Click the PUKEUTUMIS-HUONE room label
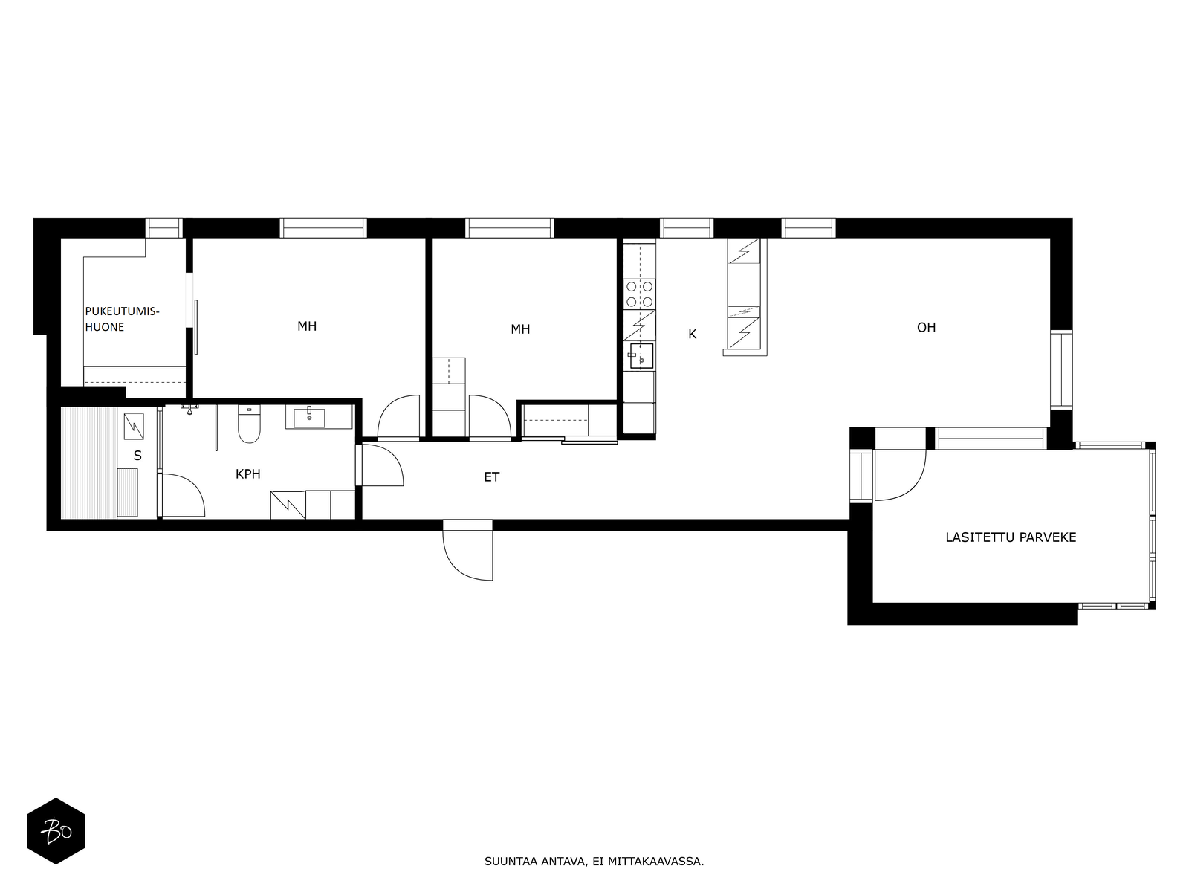click(x=122, y=319)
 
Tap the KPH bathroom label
click(x=248, y=474)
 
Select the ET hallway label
click(x=491, y=477)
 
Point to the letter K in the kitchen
click(x=693, y=334)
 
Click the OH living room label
click(x=926, y=327)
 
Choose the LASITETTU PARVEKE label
click(x=1011, y=537)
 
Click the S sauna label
click(x=137, y=456)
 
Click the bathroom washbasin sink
click(x=309, y=418)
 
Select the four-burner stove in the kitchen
click(x=640, y=294)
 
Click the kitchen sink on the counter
click(x=641, y=356)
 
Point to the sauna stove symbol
click(x=134, y=426)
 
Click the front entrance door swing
click(x=468, y=550)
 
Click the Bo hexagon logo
click(x=56, y=831)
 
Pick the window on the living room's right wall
click(x=1061, y=369)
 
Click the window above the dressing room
click(x=165, y=228)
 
